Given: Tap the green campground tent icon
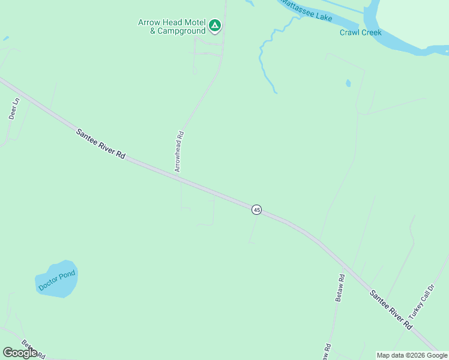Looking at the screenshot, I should pyautogui.click(x=215, y=26).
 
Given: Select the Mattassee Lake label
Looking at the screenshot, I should pyautogui.click(x=307, y=10).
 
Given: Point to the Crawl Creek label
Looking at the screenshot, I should pyautogui.click(x=360, y=33).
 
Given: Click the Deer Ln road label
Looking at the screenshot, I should pyautogui.click(x=14, y=109).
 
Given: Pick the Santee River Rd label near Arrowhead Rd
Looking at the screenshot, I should pyautogui.click(x=100, y=143).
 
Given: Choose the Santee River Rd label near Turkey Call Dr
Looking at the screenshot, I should pyautogui.click(x=391, y=310).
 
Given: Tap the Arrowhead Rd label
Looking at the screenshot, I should pyautogui.click(x=179, y=152).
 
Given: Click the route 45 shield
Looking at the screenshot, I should pyautogui.click(x=257, y=209).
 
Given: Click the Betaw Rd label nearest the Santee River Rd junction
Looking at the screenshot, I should pyautogui.click(x=340, y=287).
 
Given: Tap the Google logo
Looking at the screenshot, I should pyautogui.click(x=20, y=353).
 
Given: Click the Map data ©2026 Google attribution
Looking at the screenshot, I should pyautogui.click(x=412, y=355).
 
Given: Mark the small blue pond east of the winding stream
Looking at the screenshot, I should pyautogui.click(x=348, y=83).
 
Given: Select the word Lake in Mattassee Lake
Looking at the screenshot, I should pyautogui.click(x=324, y=17).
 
